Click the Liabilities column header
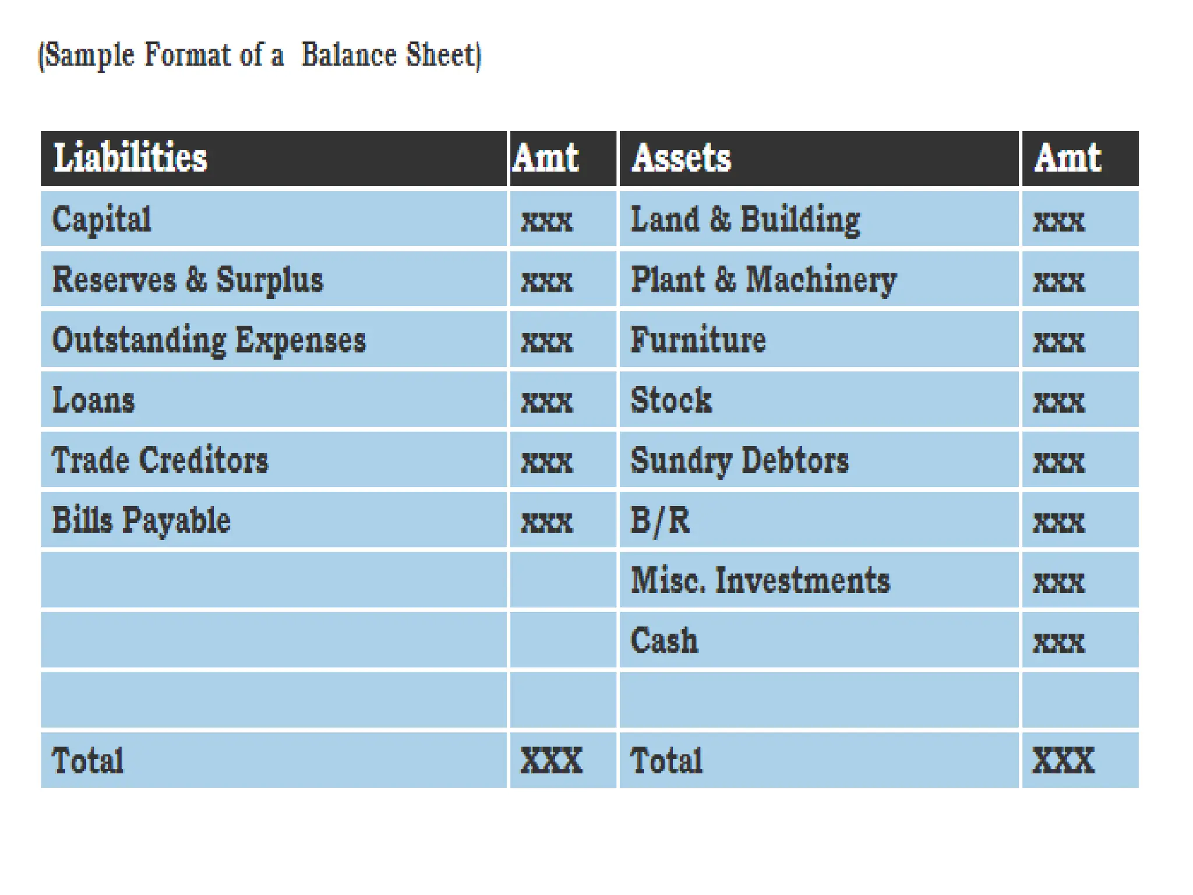tap(130, 158)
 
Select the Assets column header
tap(681, 158)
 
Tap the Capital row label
tap(101, 220)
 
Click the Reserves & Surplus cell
tap(188, 280)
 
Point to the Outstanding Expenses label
tap(209, 340)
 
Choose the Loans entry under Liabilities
tap(93, 400)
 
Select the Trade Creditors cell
tap(160, 460)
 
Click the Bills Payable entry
tap(141, 520)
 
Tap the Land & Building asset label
tap(745, 220)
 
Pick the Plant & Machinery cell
tap(763, 280)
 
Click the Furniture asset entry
tap(698, 340)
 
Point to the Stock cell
tap(671, 400)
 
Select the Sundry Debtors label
tap(740, 460)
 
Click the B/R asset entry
tap(660, 520)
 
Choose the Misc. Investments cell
tap(760, 580)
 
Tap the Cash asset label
tap(664, 640)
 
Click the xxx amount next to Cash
tap(1058, 642)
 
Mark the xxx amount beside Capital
tap(546, 221)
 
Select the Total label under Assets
tap(666, 760)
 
